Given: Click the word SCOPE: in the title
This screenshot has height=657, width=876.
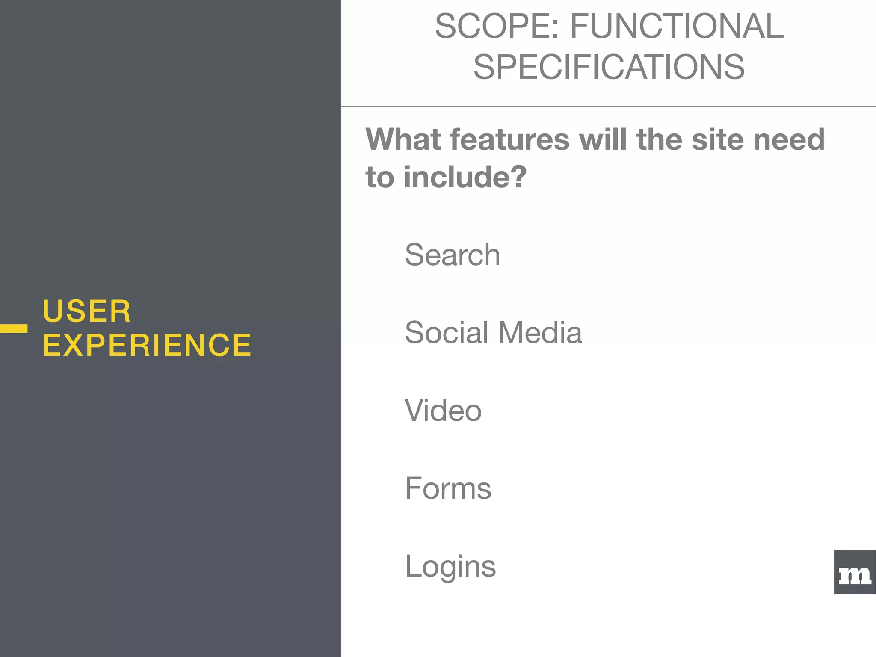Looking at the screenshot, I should [x=497, y=27].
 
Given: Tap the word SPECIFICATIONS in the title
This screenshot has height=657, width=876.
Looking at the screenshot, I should [x=609, y=67].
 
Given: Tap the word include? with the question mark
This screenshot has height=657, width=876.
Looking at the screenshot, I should [x=465, y=177].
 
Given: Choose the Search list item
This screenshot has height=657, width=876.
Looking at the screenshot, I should [x=452, y=255].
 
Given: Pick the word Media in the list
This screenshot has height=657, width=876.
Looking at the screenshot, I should [x=540, y=333].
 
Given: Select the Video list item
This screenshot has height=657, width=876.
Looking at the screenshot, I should [x=443, y=411].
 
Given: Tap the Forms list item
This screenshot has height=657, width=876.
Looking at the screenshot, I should [x=448, y=488].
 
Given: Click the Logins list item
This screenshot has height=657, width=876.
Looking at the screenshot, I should [x=450, y=566].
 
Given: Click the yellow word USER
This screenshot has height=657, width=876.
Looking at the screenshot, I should [x=87, y=311].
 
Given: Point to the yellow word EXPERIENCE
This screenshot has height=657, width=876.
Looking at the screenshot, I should [x=147, y=345].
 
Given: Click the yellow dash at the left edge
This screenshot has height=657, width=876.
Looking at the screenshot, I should [x=14, y=328].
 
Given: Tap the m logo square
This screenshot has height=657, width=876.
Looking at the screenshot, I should [x=855, y=572].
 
